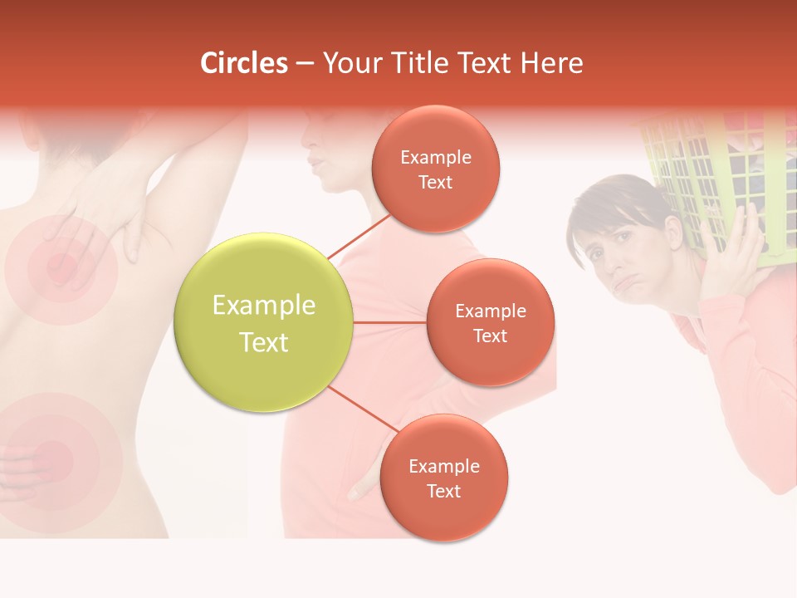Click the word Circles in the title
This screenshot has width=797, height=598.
coord(244,63)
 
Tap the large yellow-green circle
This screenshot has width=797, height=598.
coord(263,322)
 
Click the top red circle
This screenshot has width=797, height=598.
coord(436,169)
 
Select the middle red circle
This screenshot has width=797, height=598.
coord(491,322)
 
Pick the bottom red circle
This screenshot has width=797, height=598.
coord(443,478)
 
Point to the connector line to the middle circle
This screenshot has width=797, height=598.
coord(389,322)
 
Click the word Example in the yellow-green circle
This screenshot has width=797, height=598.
coord(263,306)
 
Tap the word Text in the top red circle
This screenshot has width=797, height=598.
coord(436,182)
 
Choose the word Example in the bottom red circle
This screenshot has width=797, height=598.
coord(443,466)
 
